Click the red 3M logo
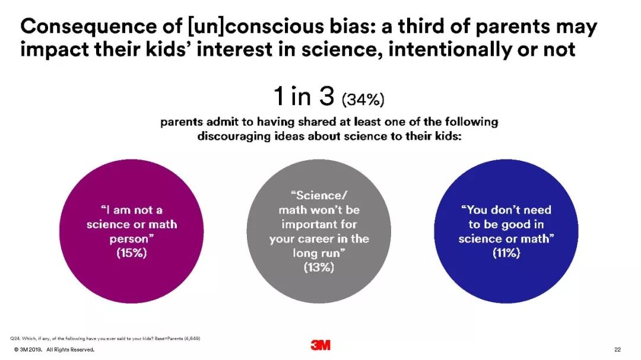[x=320, y=345]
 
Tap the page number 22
[x=617, y=349]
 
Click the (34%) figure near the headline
[x=363, y=99]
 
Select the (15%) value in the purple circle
[x=131, y=253]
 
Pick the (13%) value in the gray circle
[x=319, y=267]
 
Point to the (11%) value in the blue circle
[x=506, y=253]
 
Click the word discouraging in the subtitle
[x=234, y=136]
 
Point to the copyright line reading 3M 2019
[x=28, y=349]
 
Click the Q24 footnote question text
[x=105, y=338]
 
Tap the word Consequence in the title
[x=88, y=27]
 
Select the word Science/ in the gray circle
[x=319, y=195]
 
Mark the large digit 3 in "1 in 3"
[x=326, y=97]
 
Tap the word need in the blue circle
[x=536, y=210]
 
